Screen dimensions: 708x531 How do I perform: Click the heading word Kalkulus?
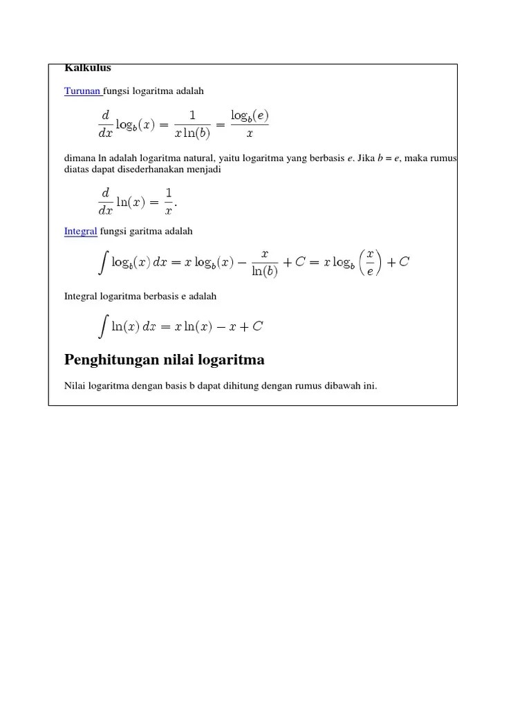click(88, 68)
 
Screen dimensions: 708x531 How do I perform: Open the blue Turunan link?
click(82, 91)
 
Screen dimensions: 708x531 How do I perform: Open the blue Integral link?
click(80, 231)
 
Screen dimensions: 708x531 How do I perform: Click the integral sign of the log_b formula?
click(104, 262)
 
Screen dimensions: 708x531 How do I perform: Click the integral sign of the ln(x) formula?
click(104, 326)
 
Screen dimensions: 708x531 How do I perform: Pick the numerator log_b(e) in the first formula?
click(249, 115)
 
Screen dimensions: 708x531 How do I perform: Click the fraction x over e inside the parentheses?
click(370, 262)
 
